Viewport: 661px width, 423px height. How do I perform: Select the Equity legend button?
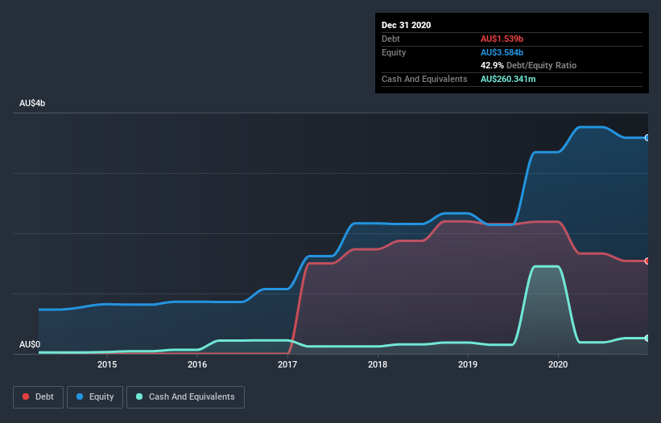[96, 396]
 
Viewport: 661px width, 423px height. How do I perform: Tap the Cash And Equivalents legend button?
[185, 396]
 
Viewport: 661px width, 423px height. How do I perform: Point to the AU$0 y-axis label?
[30, 344]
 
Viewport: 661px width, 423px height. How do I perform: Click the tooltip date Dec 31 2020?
[406, 25]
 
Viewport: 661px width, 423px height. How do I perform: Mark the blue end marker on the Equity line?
[647, 138]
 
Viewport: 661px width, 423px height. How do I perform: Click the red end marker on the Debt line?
[647, 261]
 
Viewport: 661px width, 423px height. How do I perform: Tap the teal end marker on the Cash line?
[647, 338]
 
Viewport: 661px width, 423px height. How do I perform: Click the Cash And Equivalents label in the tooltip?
[424, 79]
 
